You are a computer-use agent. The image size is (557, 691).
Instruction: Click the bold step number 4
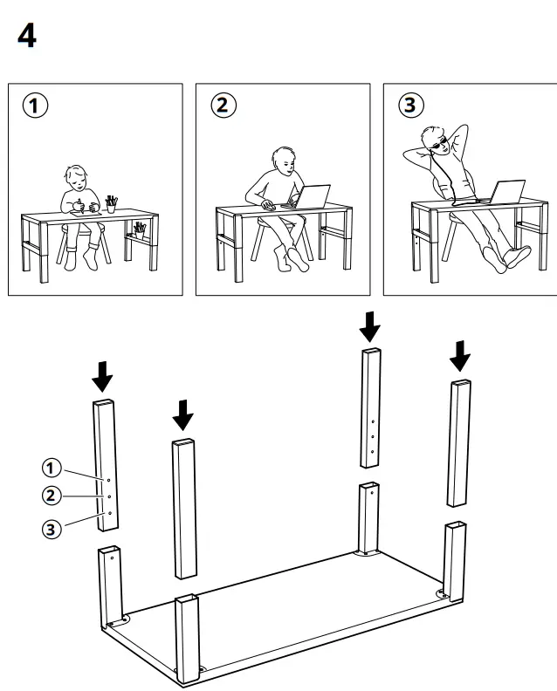click(27, 36)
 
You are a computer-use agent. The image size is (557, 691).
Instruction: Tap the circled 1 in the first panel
click(33, 106)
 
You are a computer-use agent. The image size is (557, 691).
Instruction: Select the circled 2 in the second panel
click(222, 106)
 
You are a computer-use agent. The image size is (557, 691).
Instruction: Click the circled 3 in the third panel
click(410, 106)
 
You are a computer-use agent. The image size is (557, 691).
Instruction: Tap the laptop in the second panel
click(312, 197)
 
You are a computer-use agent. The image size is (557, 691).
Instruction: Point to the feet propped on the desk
click(515, 257)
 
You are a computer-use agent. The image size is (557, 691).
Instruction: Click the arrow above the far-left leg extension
click(103, 375)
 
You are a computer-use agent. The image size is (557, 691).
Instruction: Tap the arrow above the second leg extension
click(182, 414)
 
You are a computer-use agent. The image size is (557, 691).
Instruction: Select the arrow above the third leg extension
click(371, 327)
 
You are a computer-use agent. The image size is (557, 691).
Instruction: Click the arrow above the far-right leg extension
click(460, 354)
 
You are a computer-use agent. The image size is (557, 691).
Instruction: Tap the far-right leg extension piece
click(459, 443)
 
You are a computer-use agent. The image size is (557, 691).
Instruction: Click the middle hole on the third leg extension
click(373, 435)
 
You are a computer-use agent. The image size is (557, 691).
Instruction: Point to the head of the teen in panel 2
click(284, 161)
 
